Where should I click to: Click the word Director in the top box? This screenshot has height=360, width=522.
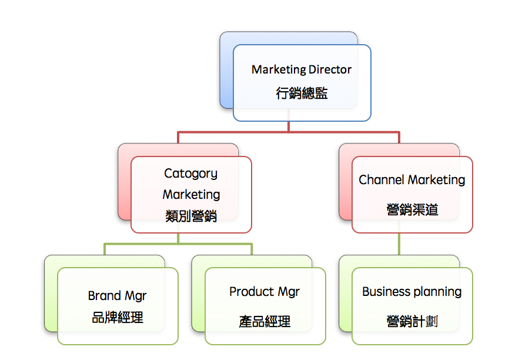point(326,69)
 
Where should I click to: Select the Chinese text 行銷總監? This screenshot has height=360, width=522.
point(302,93)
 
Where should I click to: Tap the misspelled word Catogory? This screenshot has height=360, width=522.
point(190,174)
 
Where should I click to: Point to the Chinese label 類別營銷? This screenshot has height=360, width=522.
point(191,216)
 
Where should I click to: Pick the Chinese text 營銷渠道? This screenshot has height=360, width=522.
point(412,209)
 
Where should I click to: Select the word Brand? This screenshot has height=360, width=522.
point(105,296)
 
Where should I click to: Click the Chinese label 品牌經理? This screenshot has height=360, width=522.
point(118,318)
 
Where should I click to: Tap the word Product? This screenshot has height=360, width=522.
point(252,292)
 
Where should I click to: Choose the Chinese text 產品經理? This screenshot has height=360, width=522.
point(265,322)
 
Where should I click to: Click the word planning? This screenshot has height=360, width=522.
point(437,292)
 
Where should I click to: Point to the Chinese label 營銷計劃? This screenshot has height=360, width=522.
point(412,321)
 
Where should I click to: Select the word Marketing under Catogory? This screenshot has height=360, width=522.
point(191,195)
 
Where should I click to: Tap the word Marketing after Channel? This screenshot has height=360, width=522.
point(437,180)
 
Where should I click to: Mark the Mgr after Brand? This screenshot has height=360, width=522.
point(136,296)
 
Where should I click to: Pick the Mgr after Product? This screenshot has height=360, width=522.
point(289,292)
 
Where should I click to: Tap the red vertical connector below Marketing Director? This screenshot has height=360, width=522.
point(289,126)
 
